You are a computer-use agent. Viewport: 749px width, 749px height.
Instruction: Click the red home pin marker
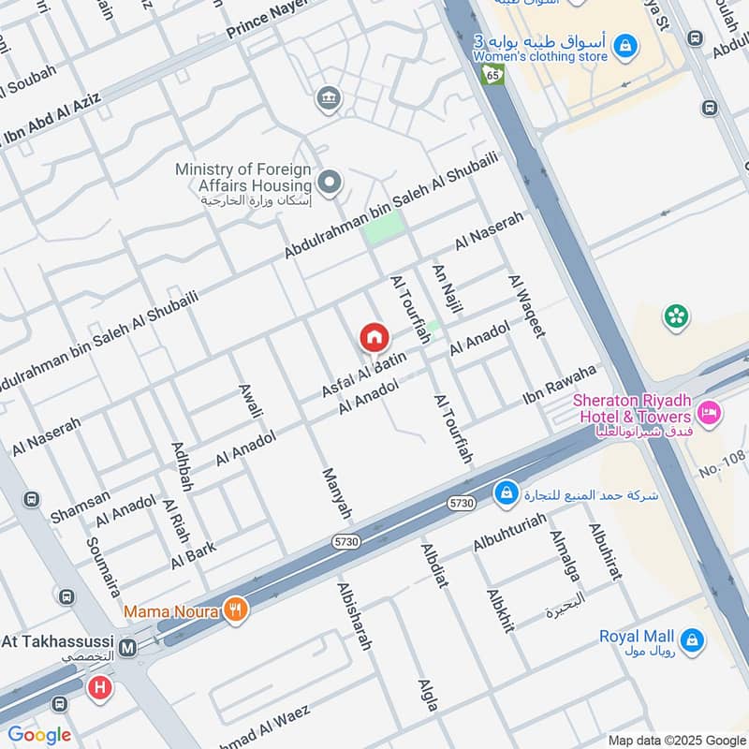point(374,337)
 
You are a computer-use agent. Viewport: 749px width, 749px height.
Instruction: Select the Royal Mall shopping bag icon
point(692,639)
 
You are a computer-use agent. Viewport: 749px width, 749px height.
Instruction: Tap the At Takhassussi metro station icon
point(127,647)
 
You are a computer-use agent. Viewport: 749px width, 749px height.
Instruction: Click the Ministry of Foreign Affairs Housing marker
point(329,183)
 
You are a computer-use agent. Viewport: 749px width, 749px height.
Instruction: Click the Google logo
point(39,735)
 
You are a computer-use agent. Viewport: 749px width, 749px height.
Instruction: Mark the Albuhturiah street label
point(510,542)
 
